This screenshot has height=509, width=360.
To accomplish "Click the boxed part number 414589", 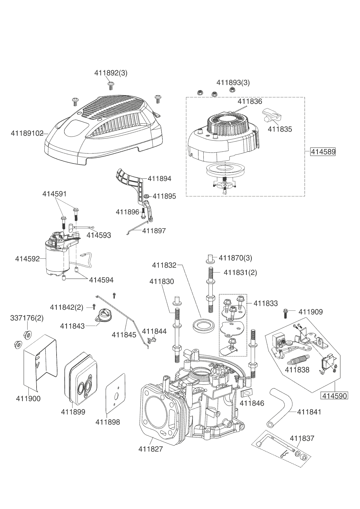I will [323, 152].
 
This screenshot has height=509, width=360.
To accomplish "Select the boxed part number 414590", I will [334, 396].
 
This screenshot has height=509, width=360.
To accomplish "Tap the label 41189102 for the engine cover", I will [27, 133].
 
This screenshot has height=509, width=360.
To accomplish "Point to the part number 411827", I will [151, 449].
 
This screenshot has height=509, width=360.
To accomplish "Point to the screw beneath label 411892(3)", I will [111, 85].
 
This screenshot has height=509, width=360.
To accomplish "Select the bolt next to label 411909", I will [286, 313].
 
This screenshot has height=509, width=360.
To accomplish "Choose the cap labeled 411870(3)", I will [211, 258].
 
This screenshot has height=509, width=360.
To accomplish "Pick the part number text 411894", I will [160, 179].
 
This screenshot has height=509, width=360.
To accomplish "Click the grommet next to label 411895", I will [147, 196].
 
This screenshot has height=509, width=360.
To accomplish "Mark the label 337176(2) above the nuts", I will [27, 318].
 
